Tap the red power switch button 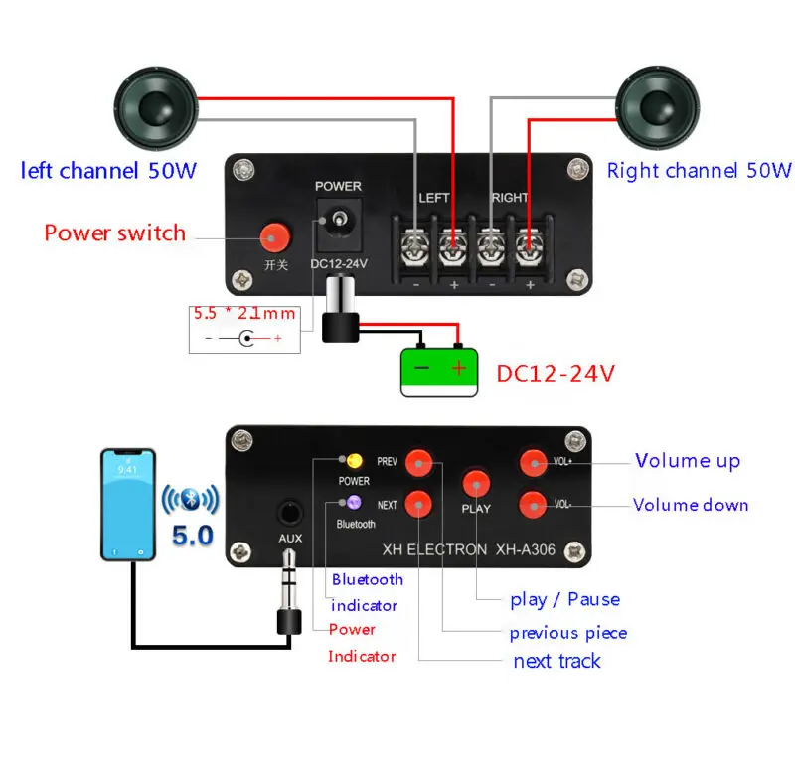pyautogui.click(x=274, y=236)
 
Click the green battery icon pyautogui.click(x=439, y=372)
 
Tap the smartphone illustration pyautogui.click(x=128, y=504)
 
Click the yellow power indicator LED pyautogui.click(x=353, y=461)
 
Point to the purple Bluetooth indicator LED pyautogui.click(x=355, y=504)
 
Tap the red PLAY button pyautogui.click(x=476, y=484)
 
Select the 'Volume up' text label pyautogui.click(x=687, y=461)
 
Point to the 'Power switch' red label pyautogui.click(x=114, y=233)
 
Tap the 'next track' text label pyautogui.click(x=556, y=661)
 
